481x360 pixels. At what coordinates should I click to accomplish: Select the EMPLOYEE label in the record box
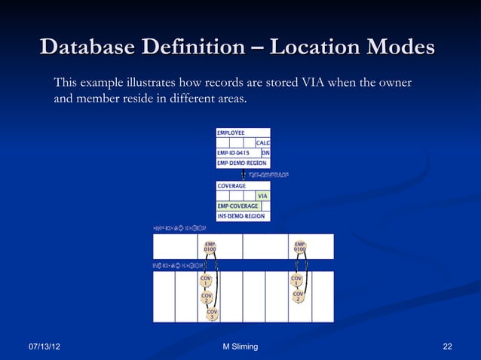click(x=231, y=133)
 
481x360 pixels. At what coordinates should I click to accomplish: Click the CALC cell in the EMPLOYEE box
click(x=263, y=142)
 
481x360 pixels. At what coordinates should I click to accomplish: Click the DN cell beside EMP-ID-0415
click(x=265, y=152)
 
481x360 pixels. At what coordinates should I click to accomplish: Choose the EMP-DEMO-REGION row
click(x=242, y=162)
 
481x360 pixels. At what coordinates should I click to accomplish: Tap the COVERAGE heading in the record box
click(x=231, y=185)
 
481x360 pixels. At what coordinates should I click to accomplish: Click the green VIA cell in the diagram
click(x=262, y=196)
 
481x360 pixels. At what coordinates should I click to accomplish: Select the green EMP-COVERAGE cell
click(x=237, y=206)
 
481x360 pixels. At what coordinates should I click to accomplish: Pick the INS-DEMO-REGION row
click(x=242, y=215)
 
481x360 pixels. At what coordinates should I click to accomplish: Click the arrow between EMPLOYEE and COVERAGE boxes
click(x=243, y=174)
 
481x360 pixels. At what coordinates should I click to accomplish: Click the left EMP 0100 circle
click(x=210, y=247)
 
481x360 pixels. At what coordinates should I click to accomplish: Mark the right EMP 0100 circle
click(x=300, y=247)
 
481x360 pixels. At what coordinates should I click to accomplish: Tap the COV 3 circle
click(x=213, y=314)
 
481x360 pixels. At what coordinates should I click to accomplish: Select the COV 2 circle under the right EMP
click(x=298, y=297)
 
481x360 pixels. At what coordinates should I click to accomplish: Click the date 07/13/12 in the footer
click(x=45, y=346)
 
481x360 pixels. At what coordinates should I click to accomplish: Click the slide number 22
click(x=448, y=346)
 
